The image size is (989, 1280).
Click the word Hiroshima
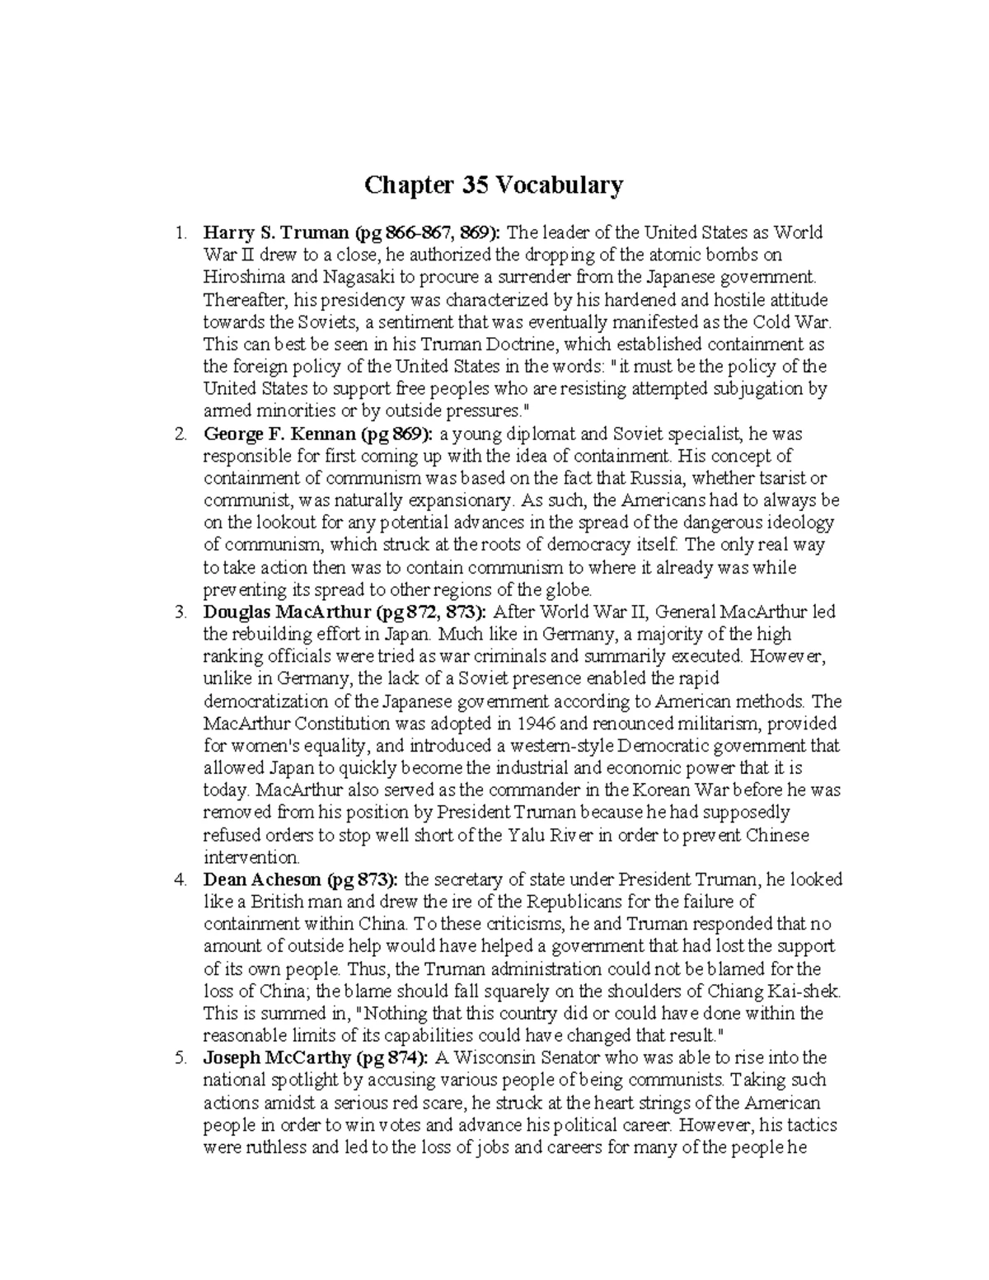[240, 277]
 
